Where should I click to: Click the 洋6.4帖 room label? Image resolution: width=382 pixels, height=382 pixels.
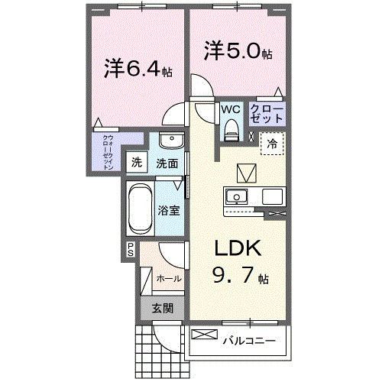coord(138,70)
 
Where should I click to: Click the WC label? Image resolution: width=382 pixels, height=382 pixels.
coord(230,109)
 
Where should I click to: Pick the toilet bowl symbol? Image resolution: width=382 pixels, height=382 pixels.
coord(231,131)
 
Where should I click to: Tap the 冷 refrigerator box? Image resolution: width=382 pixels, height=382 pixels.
coord(272,142)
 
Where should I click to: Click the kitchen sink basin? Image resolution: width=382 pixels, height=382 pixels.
coord(237,196)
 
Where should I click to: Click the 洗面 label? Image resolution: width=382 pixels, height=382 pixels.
coord(167,163)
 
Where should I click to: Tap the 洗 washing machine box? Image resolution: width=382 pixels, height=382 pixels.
coord(138,162)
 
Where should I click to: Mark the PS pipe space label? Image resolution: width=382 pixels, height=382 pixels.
coord(131,248)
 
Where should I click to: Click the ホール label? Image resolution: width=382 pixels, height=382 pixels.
coord(168,278)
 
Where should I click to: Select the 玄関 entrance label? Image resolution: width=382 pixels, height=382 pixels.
coord(160,309)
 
